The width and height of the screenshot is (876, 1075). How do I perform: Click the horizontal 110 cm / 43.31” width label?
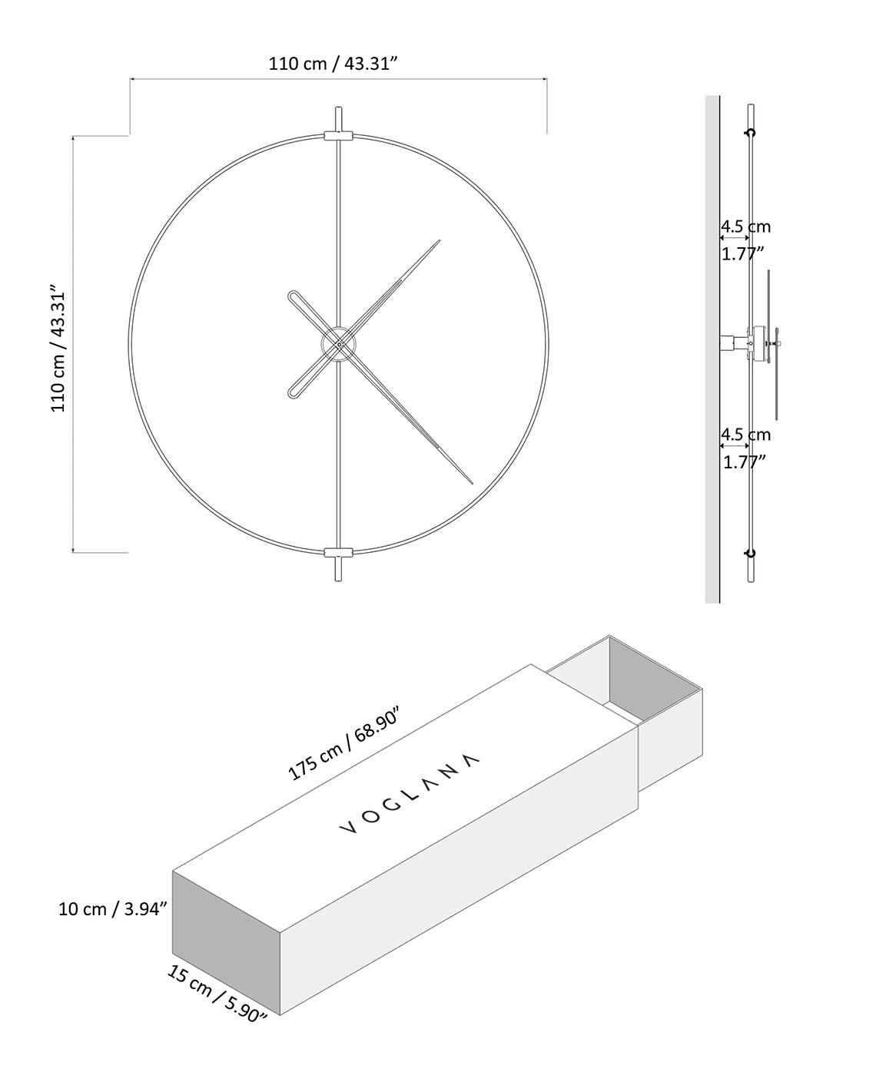pyautogui.click(x=332, y=64)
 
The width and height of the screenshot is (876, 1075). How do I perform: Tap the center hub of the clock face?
pyautogui.click(x=338, y=346)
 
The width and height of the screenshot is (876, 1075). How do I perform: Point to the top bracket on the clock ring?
pyautogui.click(x=338, y=136)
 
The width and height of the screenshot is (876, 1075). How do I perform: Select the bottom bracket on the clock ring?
pyautogui.click(x=338, y=553)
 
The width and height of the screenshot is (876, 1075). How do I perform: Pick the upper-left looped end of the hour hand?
pyautogui.click(x=294, y=296)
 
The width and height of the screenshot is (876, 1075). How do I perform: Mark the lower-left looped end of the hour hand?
pyautogui.click(x=294, y=392)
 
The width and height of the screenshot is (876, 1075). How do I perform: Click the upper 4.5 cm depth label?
pyautogui.click(x=745, y=227)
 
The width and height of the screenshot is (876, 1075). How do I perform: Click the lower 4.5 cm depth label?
pyautogui.click(x=745, y=435)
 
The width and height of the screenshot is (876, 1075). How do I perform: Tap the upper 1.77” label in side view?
pyautogui.click(x=743, y=253)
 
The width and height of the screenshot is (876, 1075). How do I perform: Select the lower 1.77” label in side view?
pyautogui.click(x=745, y=462)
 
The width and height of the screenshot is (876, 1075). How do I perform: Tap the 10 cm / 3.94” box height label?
pyautogui.click(x=113, y=909)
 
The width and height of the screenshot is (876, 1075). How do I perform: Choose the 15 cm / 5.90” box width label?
pyautogui.click(x=217, y=993)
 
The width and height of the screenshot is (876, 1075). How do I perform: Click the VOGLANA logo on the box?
pyautogui.click(x=410, y=795)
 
